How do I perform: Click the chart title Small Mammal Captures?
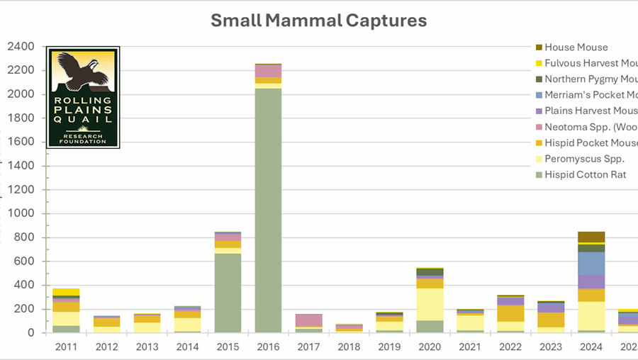[319, 20]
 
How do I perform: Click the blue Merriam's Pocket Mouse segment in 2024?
[591, 264]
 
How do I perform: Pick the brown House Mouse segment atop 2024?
[591, 237]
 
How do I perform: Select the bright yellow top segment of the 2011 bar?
[66, 292]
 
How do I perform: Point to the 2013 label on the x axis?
[147, 347]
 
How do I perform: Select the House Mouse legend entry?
[576, 47]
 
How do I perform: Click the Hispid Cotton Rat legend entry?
[584, 174]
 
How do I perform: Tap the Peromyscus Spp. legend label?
[584, 159]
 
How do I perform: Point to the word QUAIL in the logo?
[83, 120]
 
